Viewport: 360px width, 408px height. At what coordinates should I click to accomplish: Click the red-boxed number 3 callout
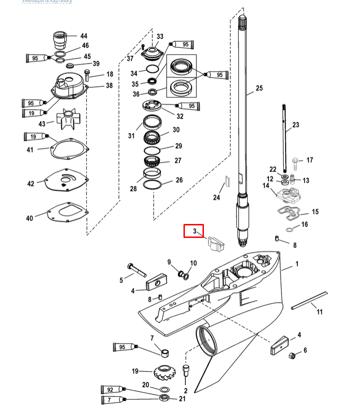(x=194, y=231)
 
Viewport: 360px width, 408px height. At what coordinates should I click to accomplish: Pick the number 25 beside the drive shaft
(x=259, y=88)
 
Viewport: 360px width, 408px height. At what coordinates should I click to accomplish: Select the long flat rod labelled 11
(x=309, y=300)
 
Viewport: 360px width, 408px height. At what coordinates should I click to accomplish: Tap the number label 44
(x=84, y=36)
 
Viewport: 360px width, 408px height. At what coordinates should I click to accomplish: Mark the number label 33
(x=160, y=36)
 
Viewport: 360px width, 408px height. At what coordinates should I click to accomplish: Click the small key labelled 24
(x=226, y=180)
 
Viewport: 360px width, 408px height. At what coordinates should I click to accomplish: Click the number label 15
(x=315, y=212)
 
